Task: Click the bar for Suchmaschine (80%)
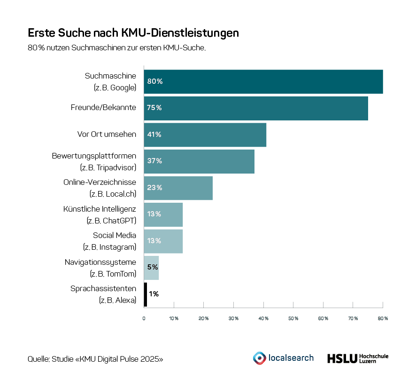263,81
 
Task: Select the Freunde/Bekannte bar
256,108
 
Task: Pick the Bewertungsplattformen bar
199,161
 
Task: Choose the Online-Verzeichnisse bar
178,188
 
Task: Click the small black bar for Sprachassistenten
146,294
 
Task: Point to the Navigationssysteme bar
151,268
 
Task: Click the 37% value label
154,161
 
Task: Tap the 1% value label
154,294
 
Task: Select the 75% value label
154,108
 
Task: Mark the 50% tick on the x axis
293,319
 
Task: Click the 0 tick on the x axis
144,319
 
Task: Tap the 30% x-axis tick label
233,319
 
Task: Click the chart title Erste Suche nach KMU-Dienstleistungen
133,33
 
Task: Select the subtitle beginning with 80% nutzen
116,48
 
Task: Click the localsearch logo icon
259,358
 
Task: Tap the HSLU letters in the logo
341,358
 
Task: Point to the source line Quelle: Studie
95,359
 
